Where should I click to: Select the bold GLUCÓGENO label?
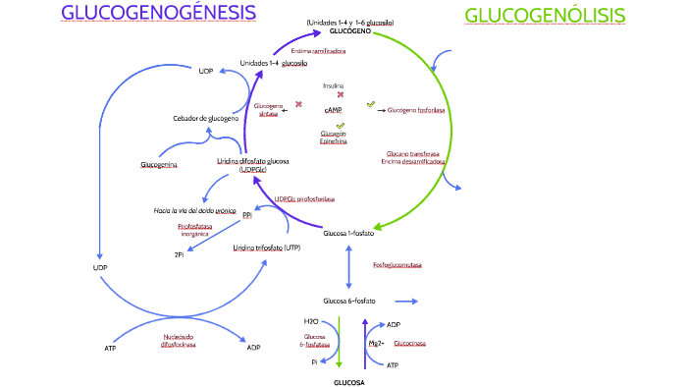click(x=350, y=31)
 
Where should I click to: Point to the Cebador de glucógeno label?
click(x=206, y=118)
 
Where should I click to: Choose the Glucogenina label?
click(x=159, y=164)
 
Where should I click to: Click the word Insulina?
click(x=334, y=85)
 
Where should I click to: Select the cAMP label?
click(x=333, y=111)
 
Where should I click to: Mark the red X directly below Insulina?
click(x=341, y=95)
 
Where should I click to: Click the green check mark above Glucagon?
click(x=340, y=126)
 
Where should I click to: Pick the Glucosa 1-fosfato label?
click(x=347, y=233)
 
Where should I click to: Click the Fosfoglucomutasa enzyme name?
click(x=397, y=265)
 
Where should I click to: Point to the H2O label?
click(x=310, y=321)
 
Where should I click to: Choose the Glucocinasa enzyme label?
click(x=409, y=345)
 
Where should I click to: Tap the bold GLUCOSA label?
click(x=348, y=381)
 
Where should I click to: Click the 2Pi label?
click(x=180, y=254)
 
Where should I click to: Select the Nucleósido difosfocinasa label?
click(x=178, y=341)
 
